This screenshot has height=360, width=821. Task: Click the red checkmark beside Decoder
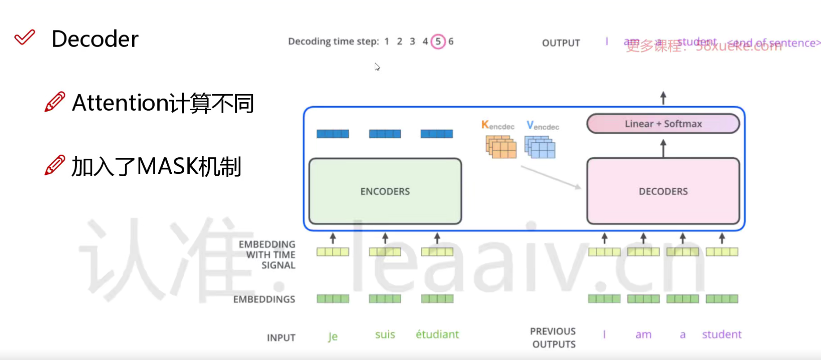pos(24,37)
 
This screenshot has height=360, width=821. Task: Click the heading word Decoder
pos(95,39)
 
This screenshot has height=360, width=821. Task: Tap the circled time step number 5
pos(438,41)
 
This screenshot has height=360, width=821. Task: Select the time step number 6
pos(451,41)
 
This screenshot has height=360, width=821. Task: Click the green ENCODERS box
pos(385,191)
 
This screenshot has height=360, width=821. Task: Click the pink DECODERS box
pos(663,191)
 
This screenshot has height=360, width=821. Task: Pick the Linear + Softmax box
pos(663,124)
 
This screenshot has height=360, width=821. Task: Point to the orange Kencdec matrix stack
pos(501,147)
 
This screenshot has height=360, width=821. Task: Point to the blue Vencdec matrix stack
pos(540,147)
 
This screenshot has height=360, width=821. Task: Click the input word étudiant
pos(437,334)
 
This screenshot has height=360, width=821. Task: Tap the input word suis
pos(385,334)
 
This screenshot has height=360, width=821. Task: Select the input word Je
pos(332,336)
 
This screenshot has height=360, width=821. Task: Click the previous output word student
pos(721,334)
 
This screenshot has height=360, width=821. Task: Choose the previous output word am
pos(643,334)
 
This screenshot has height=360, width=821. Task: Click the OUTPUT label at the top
pos(560,43)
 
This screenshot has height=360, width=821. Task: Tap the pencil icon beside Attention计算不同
pos(55,102)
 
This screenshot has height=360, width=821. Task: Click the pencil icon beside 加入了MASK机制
pos(55,165)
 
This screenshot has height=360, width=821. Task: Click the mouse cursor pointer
pos(377,67)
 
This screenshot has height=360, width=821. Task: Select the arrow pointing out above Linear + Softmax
pos(663,97)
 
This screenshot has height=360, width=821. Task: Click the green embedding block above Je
pos(333,299)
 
